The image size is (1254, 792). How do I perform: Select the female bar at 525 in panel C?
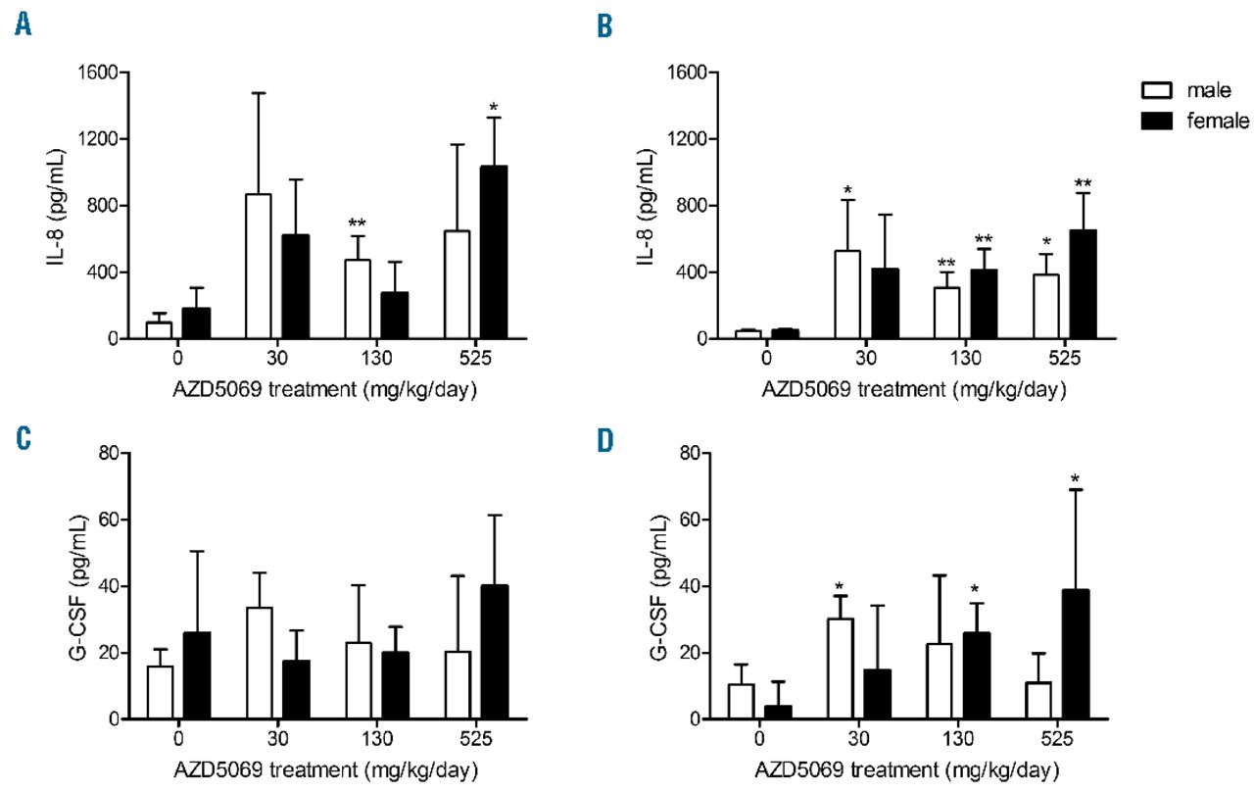coord(495,652)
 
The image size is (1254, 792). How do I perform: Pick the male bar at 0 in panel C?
coord(160,692)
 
